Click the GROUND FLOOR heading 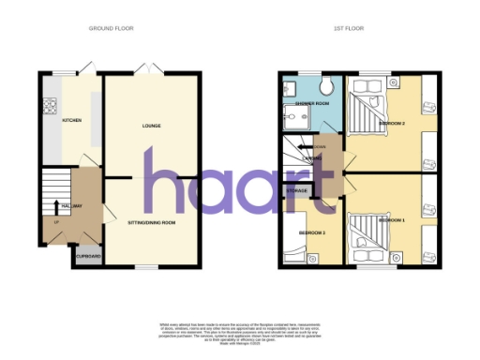(111, 29)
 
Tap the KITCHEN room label (71, 121)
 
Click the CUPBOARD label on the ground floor (88, 256)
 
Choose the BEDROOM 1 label (391, 218)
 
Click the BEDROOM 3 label (312, 232)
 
